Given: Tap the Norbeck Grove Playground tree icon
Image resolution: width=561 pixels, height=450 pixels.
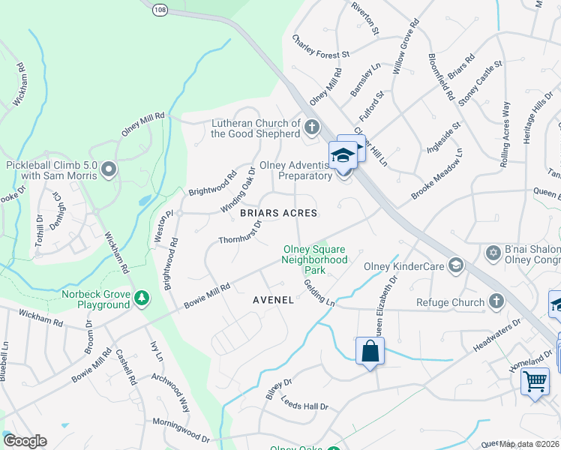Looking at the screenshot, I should (x=141, y=299).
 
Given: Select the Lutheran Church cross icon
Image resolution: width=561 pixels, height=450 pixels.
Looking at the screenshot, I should (x=311, y=127).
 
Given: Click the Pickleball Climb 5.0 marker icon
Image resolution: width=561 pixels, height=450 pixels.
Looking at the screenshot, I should (x=109, y=169).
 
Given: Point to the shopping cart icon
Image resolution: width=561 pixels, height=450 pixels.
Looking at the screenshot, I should (x=535, y=380).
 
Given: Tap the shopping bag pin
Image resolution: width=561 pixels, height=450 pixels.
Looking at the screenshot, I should (x=370, y=350).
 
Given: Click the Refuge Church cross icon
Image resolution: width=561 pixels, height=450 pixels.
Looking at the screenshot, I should (x=494, y=301).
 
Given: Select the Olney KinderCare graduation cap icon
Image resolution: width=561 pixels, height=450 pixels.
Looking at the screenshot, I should (x=455, y=264).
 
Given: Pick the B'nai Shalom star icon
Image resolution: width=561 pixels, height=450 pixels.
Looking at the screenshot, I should (x=493, y=251).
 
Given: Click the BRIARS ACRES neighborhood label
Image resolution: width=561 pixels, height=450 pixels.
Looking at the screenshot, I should (x=279, y=213).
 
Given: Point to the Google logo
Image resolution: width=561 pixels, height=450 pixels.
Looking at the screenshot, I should (x=25, y=441).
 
